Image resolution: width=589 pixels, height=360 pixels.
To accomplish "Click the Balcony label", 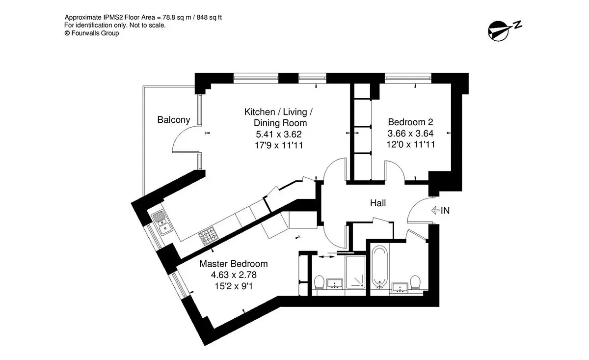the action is point(174,120).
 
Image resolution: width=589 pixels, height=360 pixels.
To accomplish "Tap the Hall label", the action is point(378,203).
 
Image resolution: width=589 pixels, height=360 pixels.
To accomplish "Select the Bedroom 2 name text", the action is point(410,122).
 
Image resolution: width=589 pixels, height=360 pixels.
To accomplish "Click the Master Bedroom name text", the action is point(234,263).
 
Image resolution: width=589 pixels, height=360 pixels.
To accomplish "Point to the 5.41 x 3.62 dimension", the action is point(279,134).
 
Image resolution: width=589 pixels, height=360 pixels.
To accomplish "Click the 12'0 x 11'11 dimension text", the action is point(410,144).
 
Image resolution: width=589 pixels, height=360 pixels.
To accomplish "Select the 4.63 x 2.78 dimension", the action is point(234,275).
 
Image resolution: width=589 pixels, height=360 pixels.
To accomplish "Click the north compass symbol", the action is point(504,31).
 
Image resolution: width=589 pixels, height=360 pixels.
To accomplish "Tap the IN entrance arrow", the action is point(435,210).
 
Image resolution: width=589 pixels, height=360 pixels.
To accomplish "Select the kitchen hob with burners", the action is point(209,236).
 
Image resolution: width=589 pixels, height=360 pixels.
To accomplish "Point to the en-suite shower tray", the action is point(355,272).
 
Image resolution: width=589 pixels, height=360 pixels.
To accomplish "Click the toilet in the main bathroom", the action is point(415,282).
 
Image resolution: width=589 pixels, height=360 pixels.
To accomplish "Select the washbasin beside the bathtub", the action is point(400,288).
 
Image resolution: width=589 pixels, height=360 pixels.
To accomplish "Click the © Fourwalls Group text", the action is point(91,33).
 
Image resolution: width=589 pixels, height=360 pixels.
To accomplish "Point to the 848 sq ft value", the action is point(209,17).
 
